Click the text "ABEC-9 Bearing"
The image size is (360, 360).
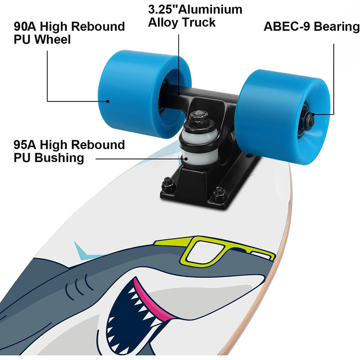(x=311, y=26)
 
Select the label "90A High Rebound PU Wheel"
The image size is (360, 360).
(x=69, y=32)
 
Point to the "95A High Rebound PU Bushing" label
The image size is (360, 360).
(x=69, y=151)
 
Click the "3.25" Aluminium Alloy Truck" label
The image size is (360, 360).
(x=195, y=16)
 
